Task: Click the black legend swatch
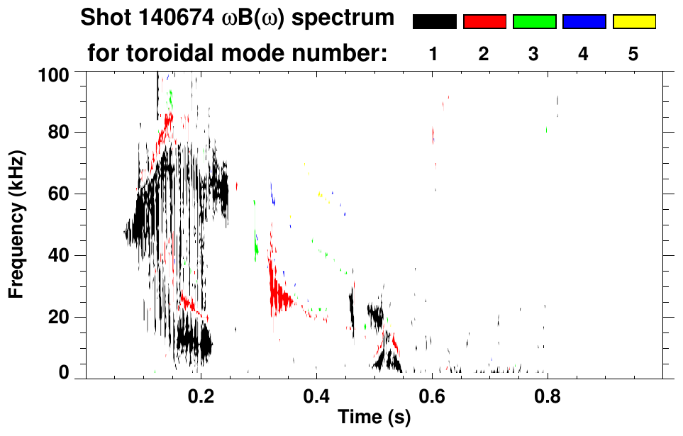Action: tap(435, 22)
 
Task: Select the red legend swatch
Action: tap(484, 22)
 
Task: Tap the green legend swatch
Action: tap(534, 22)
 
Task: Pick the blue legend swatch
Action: tap(584, 22)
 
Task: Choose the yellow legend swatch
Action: tap(633, 22)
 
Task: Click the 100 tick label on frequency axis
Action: tap(52, 73)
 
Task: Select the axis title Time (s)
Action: tap(374, 418)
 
